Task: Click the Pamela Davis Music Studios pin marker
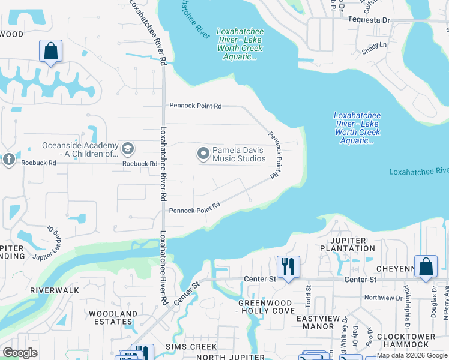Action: click(x=203, y=154)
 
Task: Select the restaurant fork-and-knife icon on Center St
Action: click(x=288, y=266)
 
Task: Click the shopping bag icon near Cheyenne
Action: click(x=426, y=266)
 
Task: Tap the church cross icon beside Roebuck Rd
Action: click(x=8, y=159)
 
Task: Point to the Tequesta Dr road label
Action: click(x=369, y=20)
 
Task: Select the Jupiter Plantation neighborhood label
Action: click(x=343, y=244)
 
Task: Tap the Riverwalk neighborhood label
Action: click(x=55, y=290)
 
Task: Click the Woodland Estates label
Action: click(x=113, y=317)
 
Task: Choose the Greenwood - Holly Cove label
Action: click(x=267, y=307)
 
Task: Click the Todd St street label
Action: click(x=307, y=299)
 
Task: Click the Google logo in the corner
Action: click(x=20, y=353)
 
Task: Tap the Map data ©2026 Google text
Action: click(x=412, y=356)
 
